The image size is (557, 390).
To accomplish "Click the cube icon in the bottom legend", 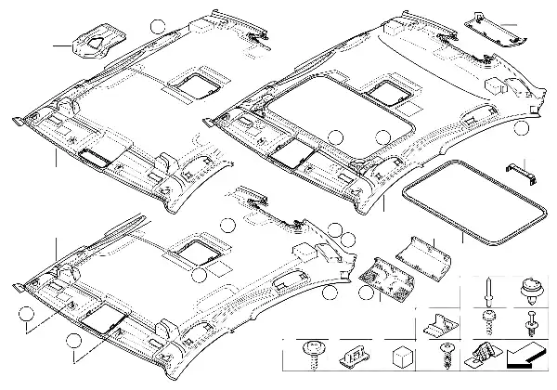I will point(400,355).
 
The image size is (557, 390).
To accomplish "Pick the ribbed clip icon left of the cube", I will point(354,356).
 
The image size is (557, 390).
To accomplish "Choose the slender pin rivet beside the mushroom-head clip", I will point(487,290).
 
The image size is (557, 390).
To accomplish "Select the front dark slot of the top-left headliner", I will point(97,156).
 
